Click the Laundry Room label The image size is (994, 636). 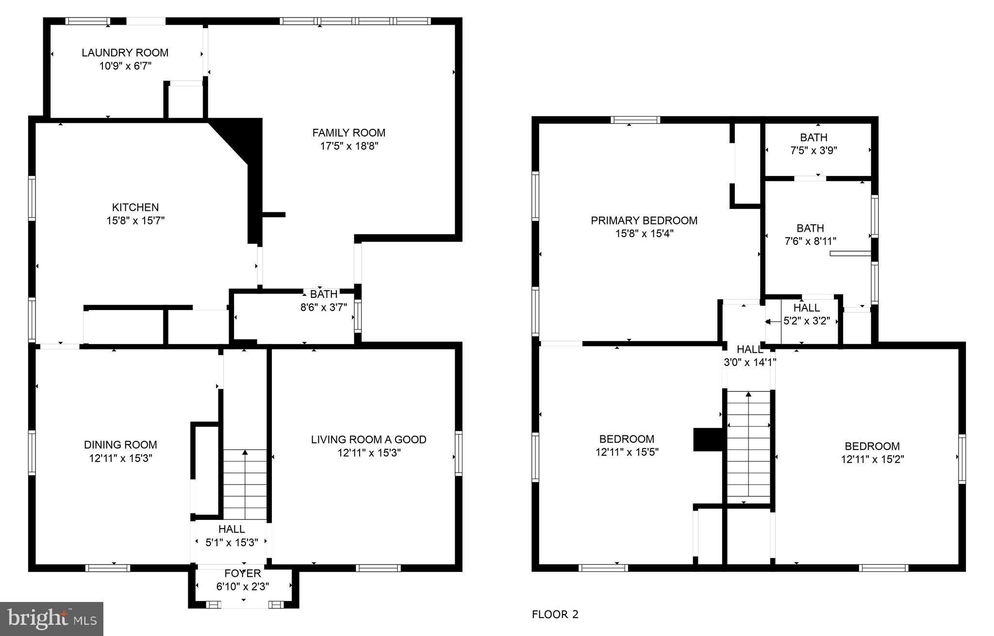pyautogui.click(x=125, y=53)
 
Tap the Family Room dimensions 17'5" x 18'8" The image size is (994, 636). pyautogui.click(x=348, y=146)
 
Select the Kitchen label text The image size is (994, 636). pyautogui.click(x=135, y=207)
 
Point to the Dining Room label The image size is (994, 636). pyautogui.click(x=120, y=445)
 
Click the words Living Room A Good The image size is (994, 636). pyautogui.click(x=368, y=440)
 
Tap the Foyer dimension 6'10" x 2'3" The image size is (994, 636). pyautogui.click(x=242, y=587)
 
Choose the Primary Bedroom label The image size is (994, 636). pyautogui.click(x=644, y=221)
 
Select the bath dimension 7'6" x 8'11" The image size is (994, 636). pyautogui.click(x=810, y=241)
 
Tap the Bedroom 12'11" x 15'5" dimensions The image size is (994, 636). pyautogui.click(x=627, y=452)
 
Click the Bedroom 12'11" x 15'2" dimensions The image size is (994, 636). pyautogui.click(x=872, y=460)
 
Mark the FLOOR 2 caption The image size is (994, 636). pyautogui.click(x=555, y=615)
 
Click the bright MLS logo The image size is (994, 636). pyautogui.click(x=51, y=619)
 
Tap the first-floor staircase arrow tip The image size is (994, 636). pyautogui.click(x=245, y=452)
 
